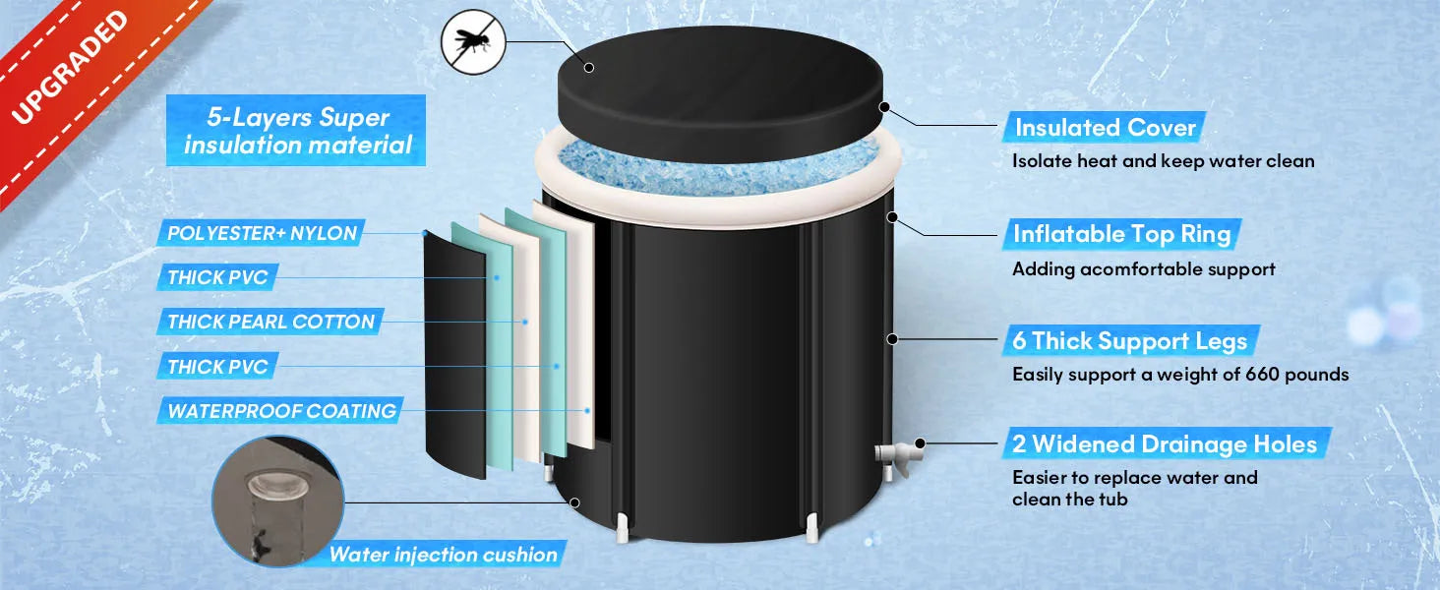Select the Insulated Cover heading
tap(1105, 128)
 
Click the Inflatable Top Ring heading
tap(1122, 234)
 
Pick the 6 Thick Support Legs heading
tap(1129, 341)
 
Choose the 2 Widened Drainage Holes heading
tap(1165, 444)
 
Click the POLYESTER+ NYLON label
tap(262, 234)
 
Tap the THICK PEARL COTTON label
tap(270, 322)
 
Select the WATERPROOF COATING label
tap(281, 411)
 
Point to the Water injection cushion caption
tap(443, 555)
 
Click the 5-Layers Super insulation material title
tap(298, 132)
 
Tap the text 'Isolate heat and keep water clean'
tap(1163, 161)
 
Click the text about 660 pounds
tap(1180, 375)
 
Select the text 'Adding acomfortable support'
tap(1143, 268)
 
